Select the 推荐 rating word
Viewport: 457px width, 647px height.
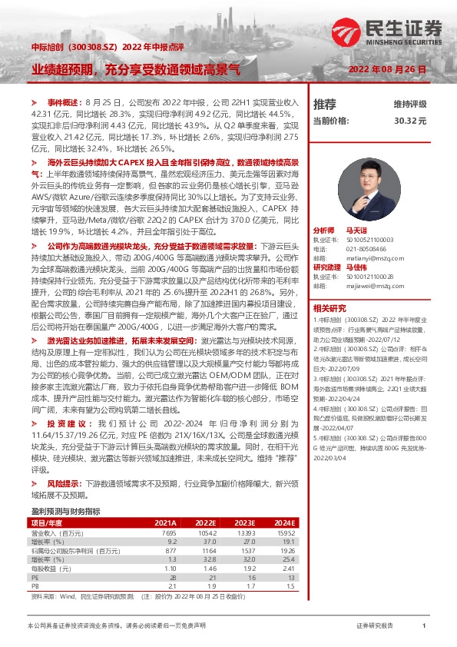[x=325, y=104]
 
